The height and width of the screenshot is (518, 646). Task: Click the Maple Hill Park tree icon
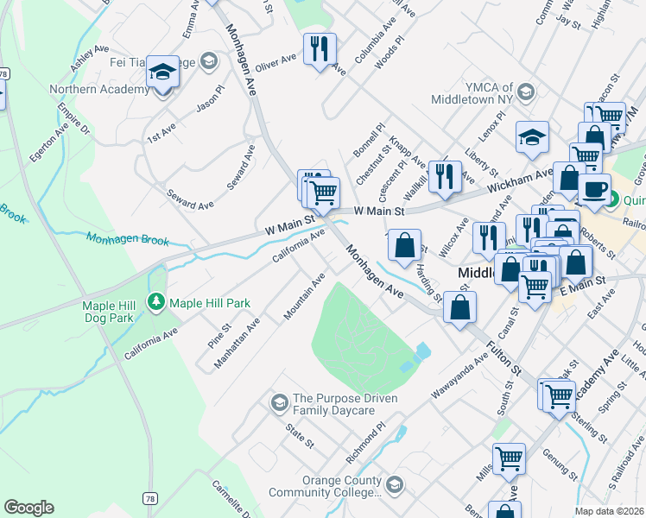pyautogui.click(x=156, y=303)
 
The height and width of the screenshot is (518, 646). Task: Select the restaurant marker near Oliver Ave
pyautogui.click(x=319, y=51)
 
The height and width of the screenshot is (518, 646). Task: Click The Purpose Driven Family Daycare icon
pyautogui.click(x=279, y=402)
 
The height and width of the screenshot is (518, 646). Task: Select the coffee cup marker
pyautogui.click(x=594, y=191)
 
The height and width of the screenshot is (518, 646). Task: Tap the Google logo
pyautogui.click(x=28, y=508)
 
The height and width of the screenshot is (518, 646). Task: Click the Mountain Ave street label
pyautogui.click(x=304, y=296)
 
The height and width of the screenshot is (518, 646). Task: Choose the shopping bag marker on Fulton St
pyautogui.click(x=461, y=308)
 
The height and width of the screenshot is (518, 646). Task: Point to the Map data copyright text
pyautogui.click(x=610, y=511)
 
